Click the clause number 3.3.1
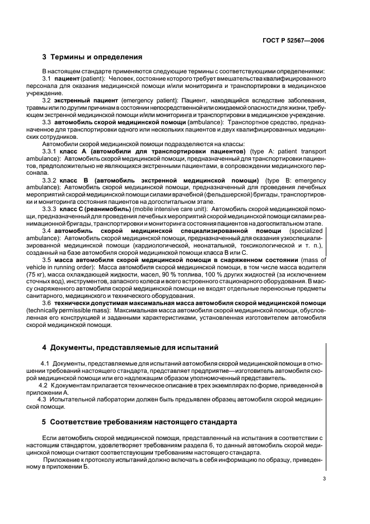pyautogui.click(x=51, y=151)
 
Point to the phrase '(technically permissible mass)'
pyautogui.click(x=81, y=310)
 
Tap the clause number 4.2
pyautogui.click(x=43, y=386)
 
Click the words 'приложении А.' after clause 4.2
pyautogui.click(x=66, y=393)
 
